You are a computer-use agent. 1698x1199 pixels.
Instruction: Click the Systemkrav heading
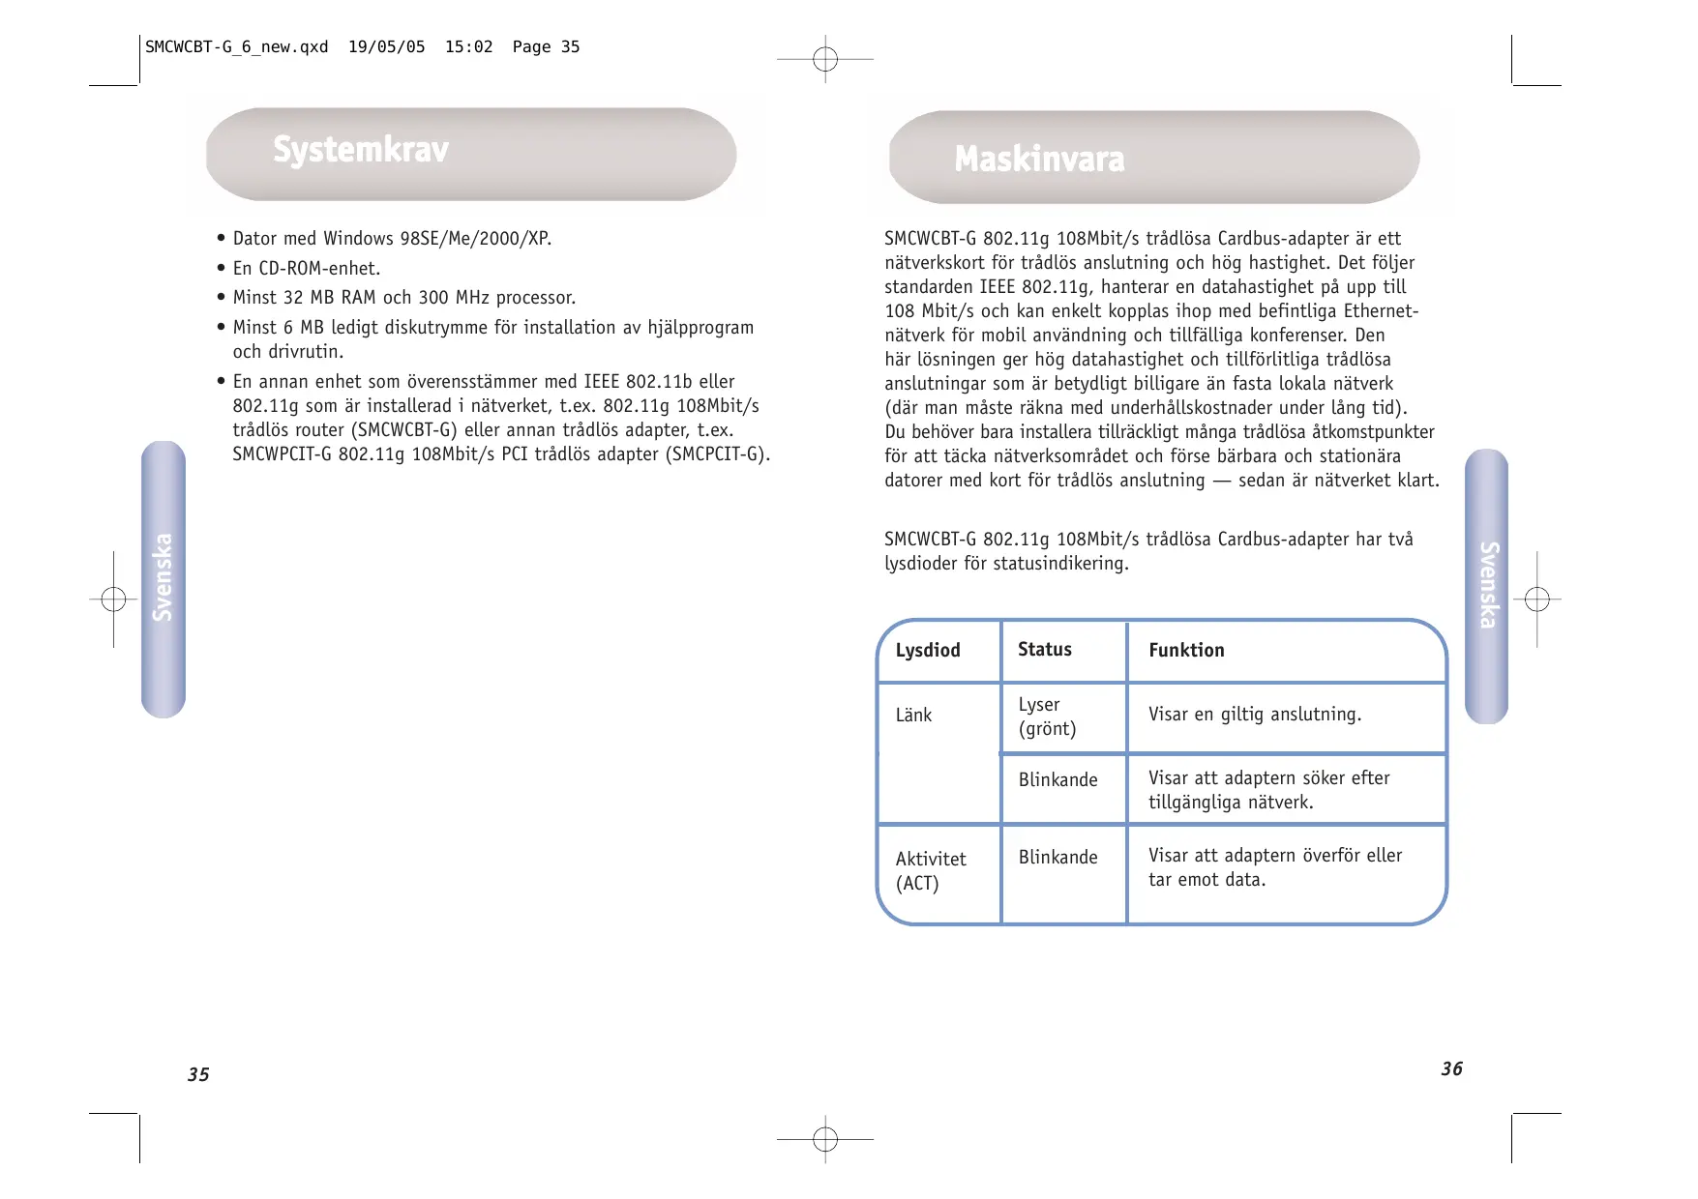pyautogui.click(x=361, y=151)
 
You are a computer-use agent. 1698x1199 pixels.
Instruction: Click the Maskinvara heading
pyautogui.click(x=1039, y=160)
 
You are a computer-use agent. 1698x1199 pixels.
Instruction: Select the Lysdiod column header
pyautogui.click(x=928, y=651)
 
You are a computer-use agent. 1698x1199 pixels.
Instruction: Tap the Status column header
pyautogui.click(x=1044, y=650)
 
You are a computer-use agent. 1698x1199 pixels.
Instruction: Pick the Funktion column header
pyautogui.click(x=1186, y=651)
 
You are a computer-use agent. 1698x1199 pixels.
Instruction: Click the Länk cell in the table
pyautogui.click(x=913, y=716)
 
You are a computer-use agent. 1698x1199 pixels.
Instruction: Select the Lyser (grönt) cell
pyautogui.click(x=1047, y=716)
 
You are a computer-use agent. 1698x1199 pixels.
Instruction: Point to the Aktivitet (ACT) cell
pyautogui.click(x=930, y=871)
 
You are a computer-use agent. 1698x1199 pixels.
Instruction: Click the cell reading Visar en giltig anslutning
pyautogui.click(x=1254, y=715)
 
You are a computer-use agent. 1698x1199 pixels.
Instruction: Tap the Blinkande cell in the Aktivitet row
pyautogui.click(x=1058, y=858)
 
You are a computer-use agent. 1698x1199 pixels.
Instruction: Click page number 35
pyautogui.click(x=198, y=1075)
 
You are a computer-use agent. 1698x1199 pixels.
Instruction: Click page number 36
pyautogui.click(x=1451, y=1069)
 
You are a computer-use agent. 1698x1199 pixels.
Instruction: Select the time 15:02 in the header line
pyautogui.click(x=468, y=47)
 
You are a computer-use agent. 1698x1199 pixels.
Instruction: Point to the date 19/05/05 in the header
pyautogui.click(x=386, y=47)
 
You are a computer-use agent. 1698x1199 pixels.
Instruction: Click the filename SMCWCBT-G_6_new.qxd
pyautogui.click(x=236, y=47)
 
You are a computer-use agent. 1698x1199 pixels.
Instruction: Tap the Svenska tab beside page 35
pyautogui.click(x=163, y=578)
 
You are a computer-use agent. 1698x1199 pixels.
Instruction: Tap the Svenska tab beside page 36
pyautogui.click(x=1487, y=585)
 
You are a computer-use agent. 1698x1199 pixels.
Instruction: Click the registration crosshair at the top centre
pyautogui.click(x=825, y=60)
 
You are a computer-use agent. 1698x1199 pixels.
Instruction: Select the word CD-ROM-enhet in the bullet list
pyautogui.click(x=319, y=269)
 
